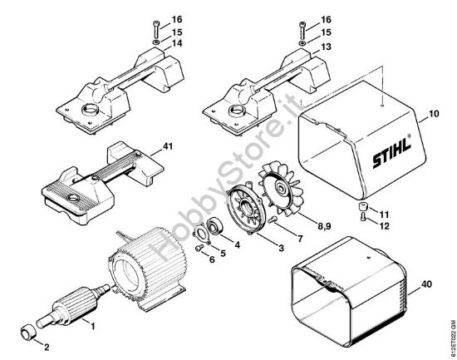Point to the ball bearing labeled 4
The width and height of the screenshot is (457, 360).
tap(217, 226)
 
